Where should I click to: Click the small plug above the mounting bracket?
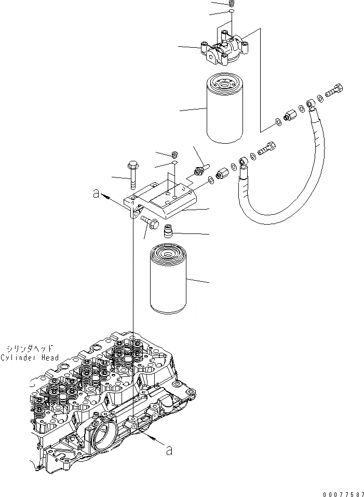point(175,154)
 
